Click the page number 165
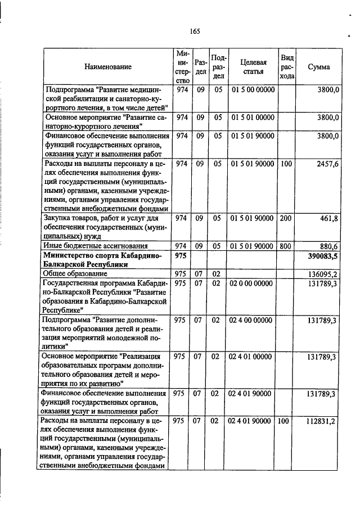point(195,31)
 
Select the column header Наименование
point(108,67)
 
